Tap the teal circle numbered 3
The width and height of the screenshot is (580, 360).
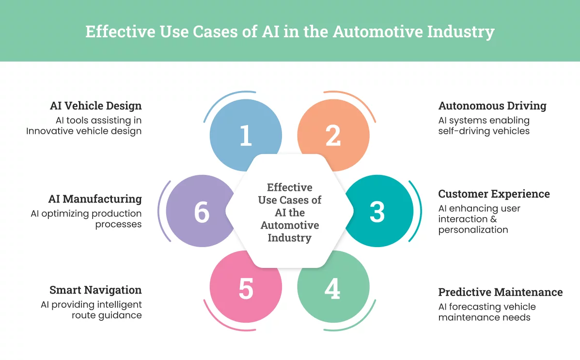pyautogui.click(x=377, y=212)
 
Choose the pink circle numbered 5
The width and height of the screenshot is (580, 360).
pyautogui.click(x=246, y=290)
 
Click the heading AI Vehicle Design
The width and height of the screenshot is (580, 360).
pyautogui.click(x=96, y=106)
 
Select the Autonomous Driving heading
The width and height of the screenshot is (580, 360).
pyautogui.click(x=492, y=106)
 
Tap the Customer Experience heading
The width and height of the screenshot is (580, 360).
pyautogui.click(x=494, y=194)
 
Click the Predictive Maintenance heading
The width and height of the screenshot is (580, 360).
pyautogui.click(x=501, y=292)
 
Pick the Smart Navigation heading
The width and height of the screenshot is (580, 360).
pyautogui.click(x=95, y=290)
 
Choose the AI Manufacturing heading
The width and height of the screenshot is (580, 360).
pyautogui.click(x=95, y=199)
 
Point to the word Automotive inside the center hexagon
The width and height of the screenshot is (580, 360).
pyautogui.click(x=290, y=225)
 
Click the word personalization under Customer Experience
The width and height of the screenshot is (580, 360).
pyautogui.click(x=473, y=230)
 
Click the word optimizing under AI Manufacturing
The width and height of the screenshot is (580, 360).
pyautogui.click(x=65, y=214)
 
